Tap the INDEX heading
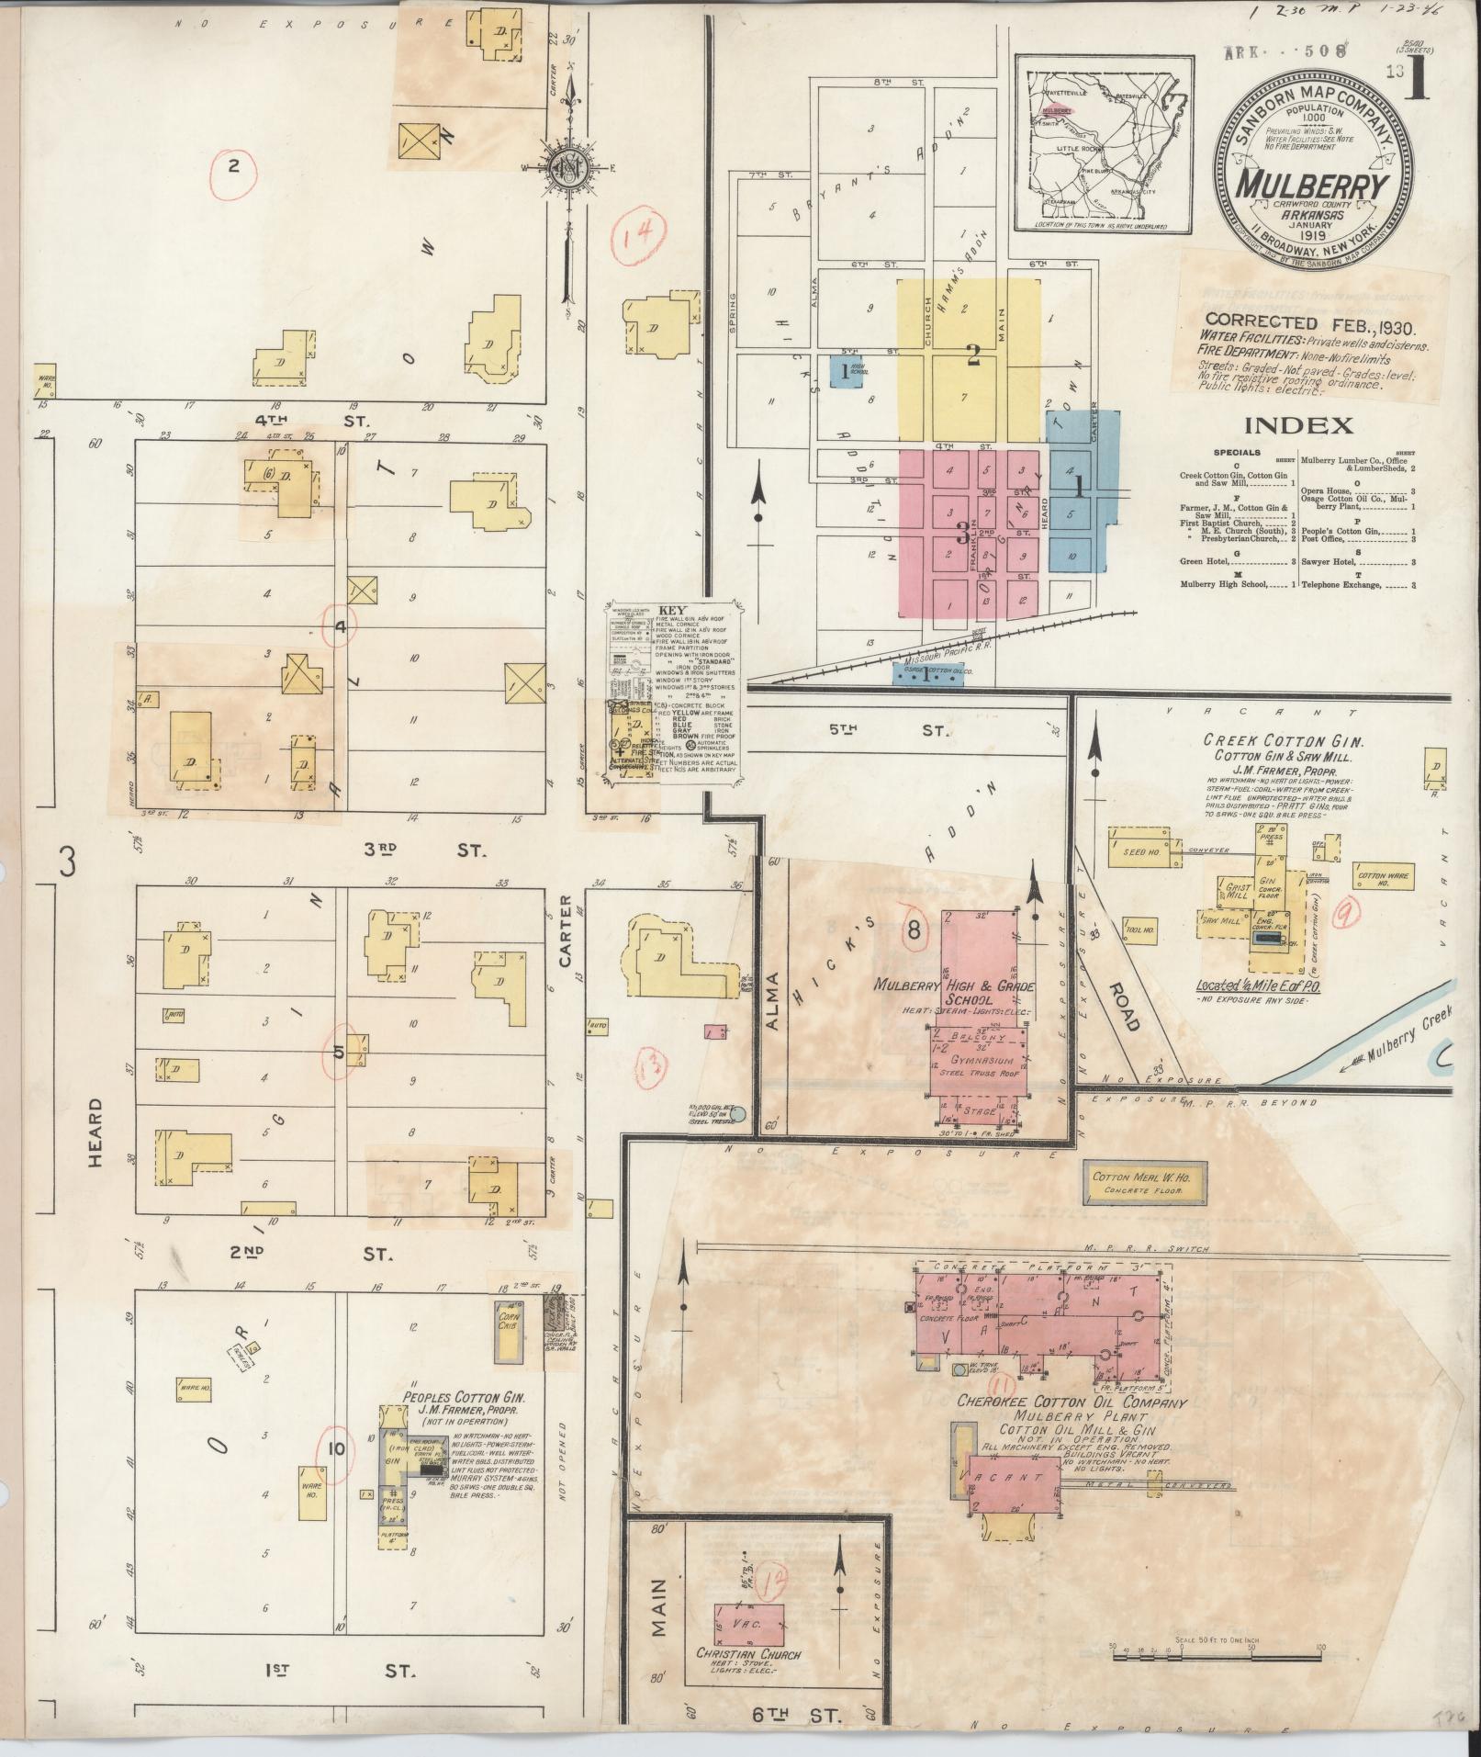click(1298, 425)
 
